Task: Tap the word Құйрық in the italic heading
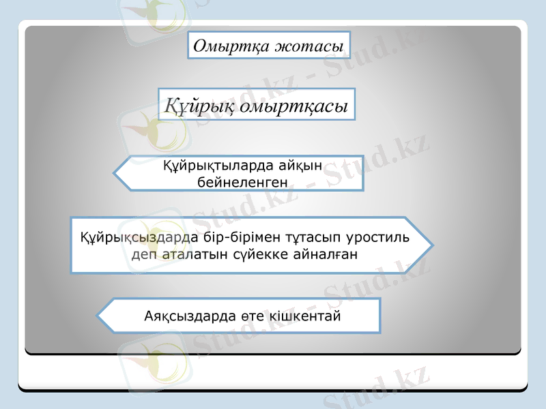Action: pos(199,106)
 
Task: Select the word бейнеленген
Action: pos(242,182)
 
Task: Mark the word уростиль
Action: pos(378,238)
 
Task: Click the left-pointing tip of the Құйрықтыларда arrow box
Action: pos(115,173)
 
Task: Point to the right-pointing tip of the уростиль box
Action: pos(431,245)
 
